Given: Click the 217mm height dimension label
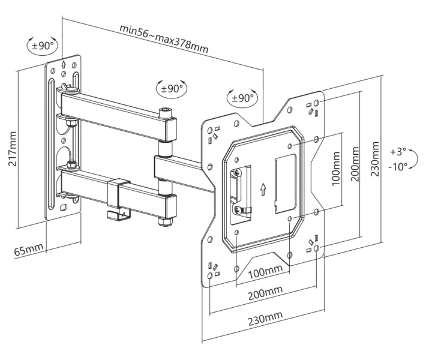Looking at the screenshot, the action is click(12, 149).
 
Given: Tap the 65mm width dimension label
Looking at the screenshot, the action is click(29, 249).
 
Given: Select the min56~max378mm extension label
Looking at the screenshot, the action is click(164, 39).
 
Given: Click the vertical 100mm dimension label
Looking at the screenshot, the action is click(336, 169).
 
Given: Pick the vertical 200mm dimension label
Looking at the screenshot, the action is click(355, 164).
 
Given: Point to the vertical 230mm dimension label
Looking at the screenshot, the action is click(374, 159).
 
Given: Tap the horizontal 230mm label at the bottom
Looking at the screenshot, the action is click(265, 318).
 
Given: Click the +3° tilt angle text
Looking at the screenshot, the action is click(398, 151).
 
